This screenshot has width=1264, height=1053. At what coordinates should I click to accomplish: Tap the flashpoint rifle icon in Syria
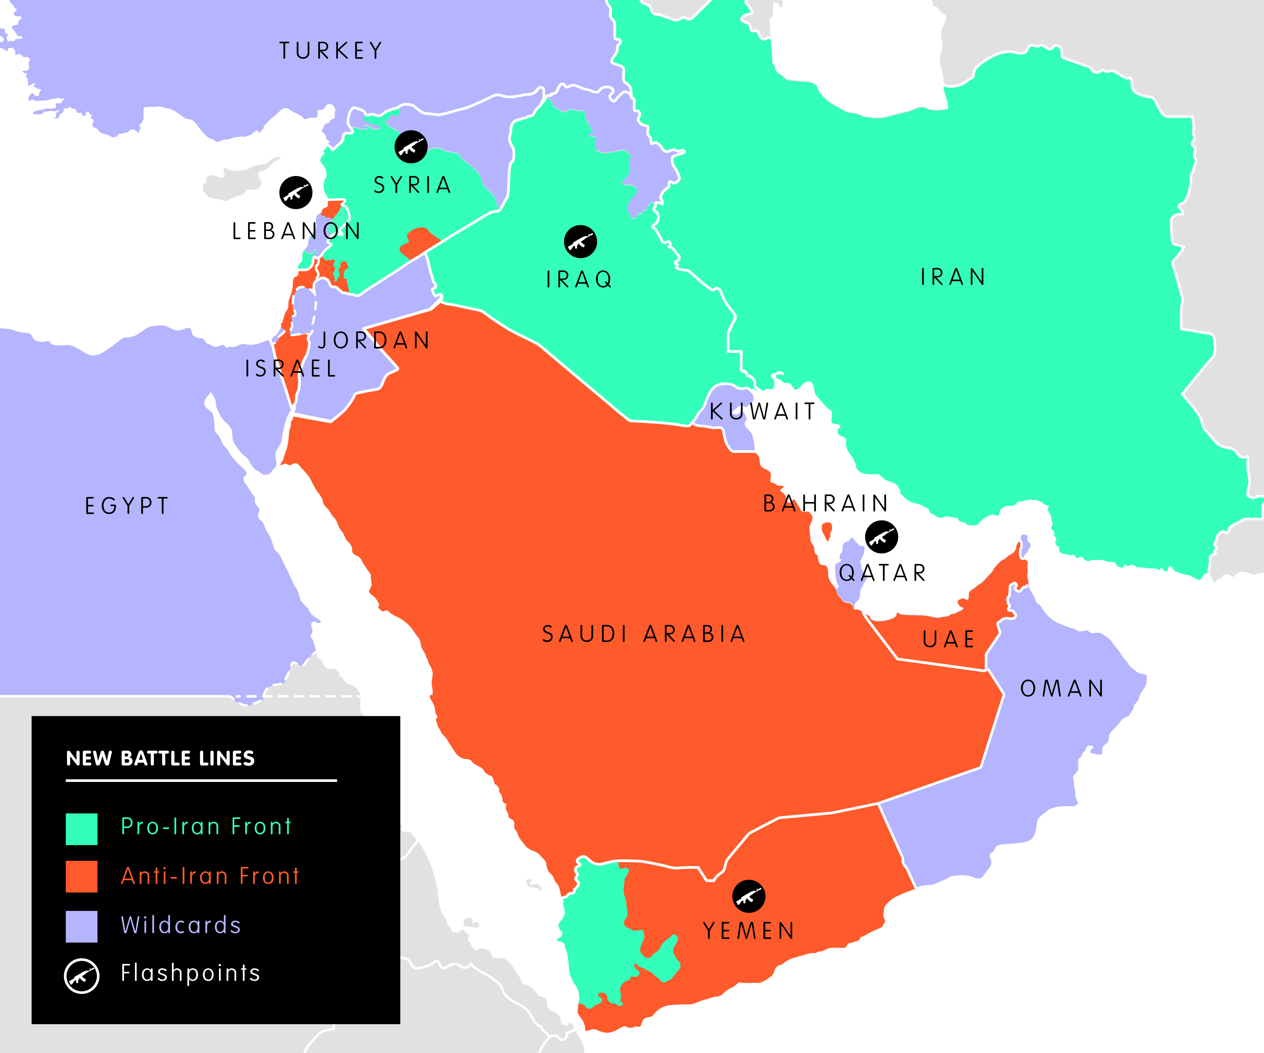pos(411,147)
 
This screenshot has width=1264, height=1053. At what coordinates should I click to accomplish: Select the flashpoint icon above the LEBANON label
pos(295,192)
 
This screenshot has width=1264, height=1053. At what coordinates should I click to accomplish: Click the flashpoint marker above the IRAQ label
pos(580,242)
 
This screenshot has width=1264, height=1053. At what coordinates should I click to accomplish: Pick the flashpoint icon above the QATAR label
pos(881,537)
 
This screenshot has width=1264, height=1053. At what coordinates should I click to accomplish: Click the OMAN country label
pos(1062,688)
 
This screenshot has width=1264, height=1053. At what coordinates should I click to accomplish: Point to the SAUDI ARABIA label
pos(643,634)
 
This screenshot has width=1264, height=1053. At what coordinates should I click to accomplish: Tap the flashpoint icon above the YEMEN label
pos(749,897)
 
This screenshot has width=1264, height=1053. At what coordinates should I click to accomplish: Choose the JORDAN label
pos(374,341)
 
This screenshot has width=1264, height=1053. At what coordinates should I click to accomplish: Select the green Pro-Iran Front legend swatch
pos(81,829)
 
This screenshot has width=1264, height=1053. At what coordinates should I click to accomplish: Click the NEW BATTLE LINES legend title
pos(160,758)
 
